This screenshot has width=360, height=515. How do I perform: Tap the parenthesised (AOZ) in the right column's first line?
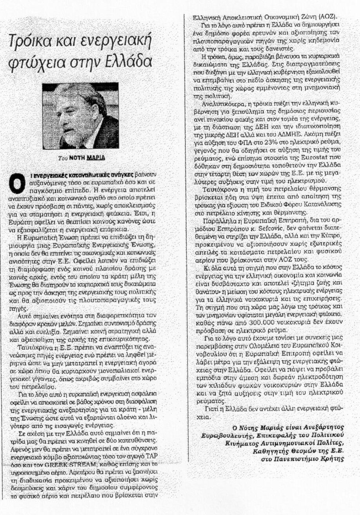(329, 18)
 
